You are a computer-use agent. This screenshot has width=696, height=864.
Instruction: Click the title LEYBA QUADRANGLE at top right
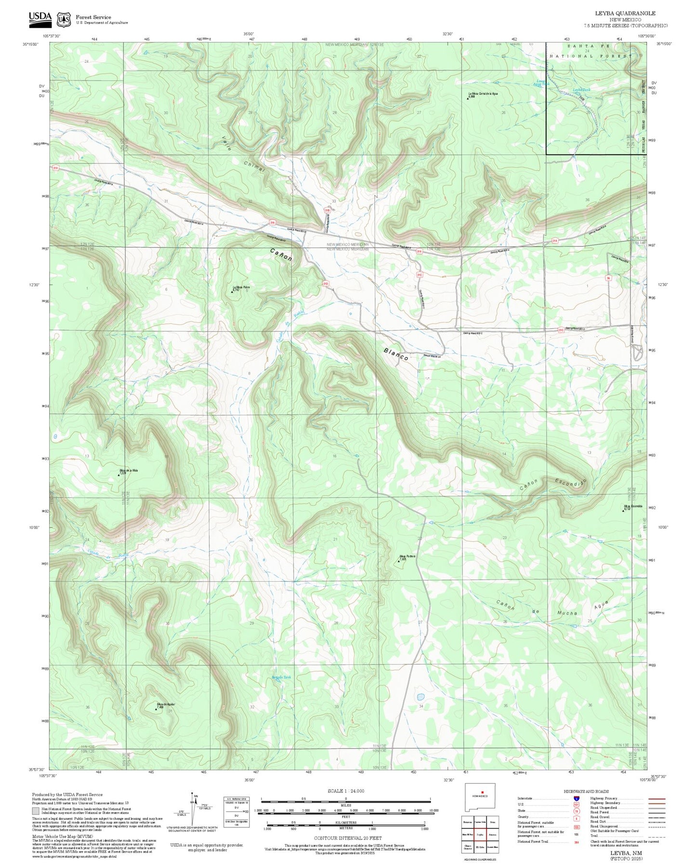click(x=632, y=13)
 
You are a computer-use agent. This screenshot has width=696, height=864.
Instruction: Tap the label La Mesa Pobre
click(x=241, y=288)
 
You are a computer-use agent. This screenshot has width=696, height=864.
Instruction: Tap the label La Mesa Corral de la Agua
click(x=483, y=94)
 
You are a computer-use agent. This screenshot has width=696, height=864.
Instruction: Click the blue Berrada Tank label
click(x=281, y=677)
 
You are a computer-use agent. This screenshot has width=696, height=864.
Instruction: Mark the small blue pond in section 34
click(x=420, y=697)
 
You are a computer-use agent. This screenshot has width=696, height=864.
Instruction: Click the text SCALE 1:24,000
click(x=346, y=791)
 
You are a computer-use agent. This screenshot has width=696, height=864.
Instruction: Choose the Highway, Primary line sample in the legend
click(x=657, y=799)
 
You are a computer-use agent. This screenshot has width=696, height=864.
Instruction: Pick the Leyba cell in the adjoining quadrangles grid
click(x=479, y=834)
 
